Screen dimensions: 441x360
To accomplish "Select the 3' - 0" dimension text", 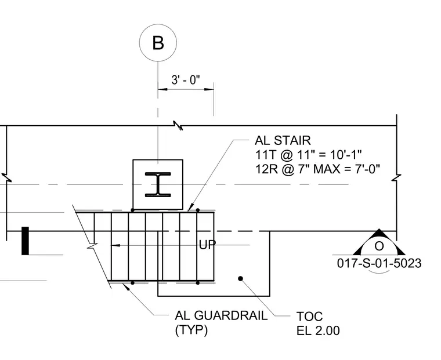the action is coord(186,80).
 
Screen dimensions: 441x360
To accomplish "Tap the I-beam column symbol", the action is coord(158,184).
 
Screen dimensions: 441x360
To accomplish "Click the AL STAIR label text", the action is coord(283,140).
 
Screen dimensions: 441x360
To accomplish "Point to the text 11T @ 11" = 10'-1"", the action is coord(308,155).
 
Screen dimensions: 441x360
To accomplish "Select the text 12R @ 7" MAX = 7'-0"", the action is coord(317,169).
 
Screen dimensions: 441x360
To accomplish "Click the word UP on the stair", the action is coord(207,245).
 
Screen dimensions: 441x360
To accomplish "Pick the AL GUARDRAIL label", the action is coord(221,315).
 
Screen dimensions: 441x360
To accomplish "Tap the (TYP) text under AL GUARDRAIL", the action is coord(191,330).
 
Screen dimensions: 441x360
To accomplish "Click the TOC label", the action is coord(309,317).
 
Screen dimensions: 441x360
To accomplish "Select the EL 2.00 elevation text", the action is coord(318,331).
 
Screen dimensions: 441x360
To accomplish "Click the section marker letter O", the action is coord(379,246).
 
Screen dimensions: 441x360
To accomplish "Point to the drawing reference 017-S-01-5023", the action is coord(379,263).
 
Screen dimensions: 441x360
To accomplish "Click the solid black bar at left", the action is coord(26,241).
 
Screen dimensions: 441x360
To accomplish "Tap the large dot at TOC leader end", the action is coord(240,278).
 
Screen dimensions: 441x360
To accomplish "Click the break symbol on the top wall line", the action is coord(178,125).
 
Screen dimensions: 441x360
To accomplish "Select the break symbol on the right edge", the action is coord(396,177).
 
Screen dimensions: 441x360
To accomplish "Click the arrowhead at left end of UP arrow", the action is coord(115,245).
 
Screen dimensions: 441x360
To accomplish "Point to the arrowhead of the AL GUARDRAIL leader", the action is coord(126,286).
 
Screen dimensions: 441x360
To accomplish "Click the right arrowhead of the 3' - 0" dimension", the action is coord(209,89).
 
